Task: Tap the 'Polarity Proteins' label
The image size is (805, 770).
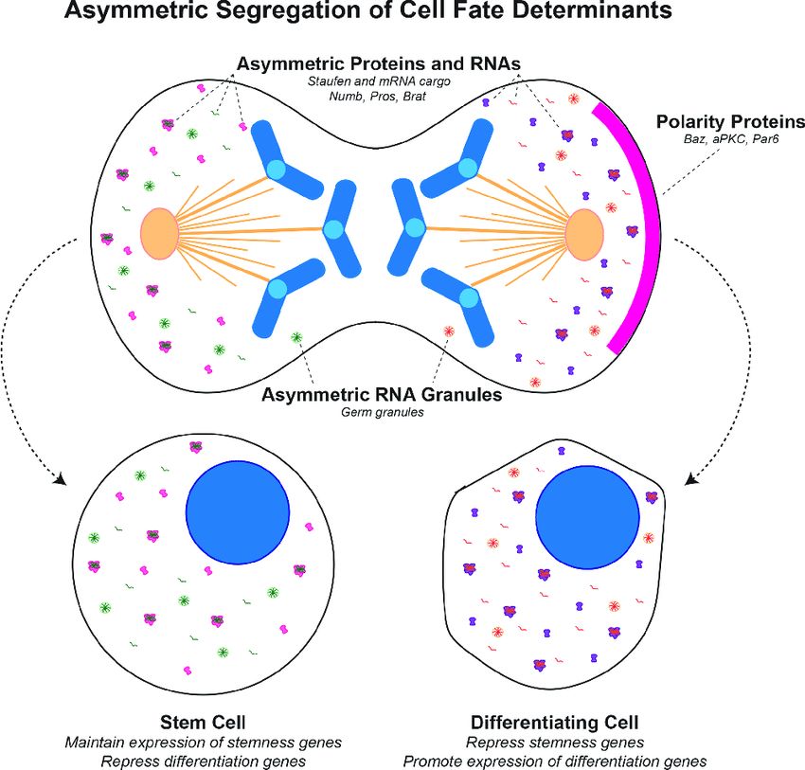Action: (x=730, y=123)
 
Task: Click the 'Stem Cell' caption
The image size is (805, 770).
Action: (x=200, y=722)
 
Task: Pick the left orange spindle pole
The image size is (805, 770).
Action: (x=159, y=233)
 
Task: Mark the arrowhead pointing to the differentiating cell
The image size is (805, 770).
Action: (x=692, y=478)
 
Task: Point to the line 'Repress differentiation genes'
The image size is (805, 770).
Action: (x=199, y=760)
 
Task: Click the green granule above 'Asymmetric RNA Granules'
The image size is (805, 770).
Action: (x=296, y=337)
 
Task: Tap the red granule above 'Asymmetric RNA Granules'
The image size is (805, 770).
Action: (x=449, y=331)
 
